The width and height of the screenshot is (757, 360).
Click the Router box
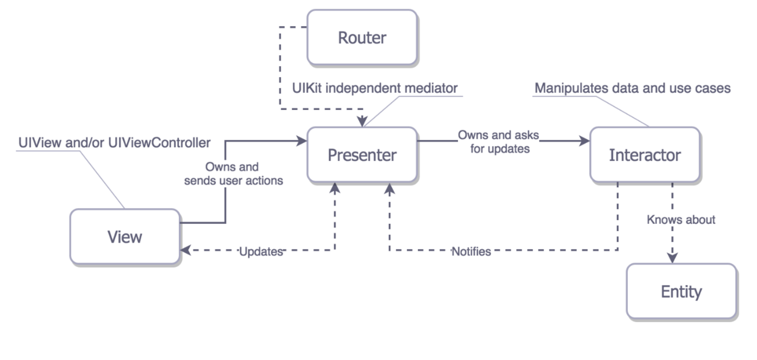click(x=362, y=37)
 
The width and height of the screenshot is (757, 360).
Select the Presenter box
click(x=362, y=155)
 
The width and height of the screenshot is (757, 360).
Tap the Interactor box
click(x=645, y=155)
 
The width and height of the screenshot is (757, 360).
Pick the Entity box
click(x=681, y=291)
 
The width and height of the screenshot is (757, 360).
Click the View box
click(x=125, y=237)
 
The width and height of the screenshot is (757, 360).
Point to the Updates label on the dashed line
click(x=261, y=251)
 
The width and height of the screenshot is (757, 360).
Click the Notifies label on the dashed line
click(x=471, y=251)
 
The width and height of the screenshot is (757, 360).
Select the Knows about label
click(x=681, y=220)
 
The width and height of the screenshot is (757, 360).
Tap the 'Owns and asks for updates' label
click(x=499, y=142)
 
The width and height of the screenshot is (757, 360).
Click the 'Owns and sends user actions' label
click(x=233, y=174)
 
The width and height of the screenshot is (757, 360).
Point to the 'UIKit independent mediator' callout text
click(x=375, y=88)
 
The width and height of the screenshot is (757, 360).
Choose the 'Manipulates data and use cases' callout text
click(x=632, y=88)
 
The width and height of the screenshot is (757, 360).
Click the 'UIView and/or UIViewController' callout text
click(x=114, y=143)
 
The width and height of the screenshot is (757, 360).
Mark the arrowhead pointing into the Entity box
click(x=672, y=258)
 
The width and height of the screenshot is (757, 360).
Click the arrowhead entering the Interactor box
click(x=585, y=141)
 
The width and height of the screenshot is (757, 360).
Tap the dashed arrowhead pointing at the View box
click(x=186, y=250)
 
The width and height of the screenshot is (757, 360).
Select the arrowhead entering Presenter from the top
click(x=362, y=121)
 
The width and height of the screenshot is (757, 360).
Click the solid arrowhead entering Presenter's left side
click(x=301, y=141)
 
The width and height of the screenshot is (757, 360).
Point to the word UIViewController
click(x=159, y=143)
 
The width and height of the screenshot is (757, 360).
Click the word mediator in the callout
click(x=431, y=88)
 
